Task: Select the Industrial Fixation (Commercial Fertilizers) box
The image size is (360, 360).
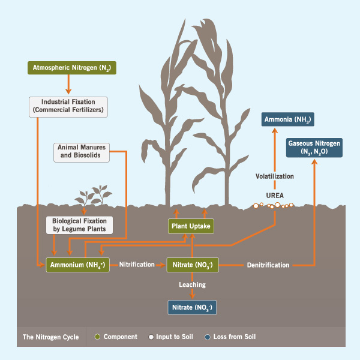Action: point(68,106)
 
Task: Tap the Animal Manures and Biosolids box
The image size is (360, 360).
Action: point(83,151)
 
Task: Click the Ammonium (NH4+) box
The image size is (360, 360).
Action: point(77,265)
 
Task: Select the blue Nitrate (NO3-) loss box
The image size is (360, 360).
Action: point(191,308)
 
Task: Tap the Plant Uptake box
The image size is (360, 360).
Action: point(190,226)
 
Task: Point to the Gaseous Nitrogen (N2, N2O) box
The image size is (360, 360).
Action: point(314,148)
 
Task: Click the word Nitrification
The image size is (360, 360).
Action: point(137,265)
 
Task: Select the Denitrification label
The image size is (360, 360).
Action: point(268,265)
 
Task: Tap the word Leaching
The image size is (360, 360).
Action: point(191,284)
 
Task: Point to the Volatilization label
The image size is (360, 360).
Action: point(275,176)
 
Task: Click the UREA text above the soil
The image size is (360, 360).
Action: point(275,195)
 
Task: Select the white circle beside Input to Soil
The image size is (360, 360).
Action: point(151,337)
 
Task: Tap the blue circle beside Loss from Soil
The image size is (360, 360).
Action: point(207,337)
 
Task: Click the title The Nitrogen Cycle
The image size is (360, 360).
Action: point(50,337)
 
